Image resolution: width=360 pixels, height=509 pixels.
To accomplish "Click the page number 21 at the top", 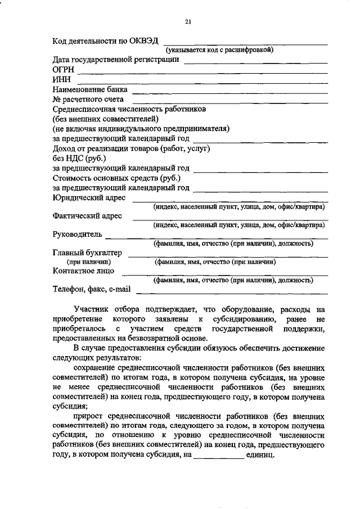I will (x=188, y=22).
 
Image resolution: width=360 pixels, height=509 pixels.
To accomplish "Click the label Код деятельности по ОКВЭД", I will (x=105, y=41).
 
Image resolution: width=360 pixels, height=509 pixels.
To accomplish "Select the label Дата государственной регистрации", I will (x=116, y=59).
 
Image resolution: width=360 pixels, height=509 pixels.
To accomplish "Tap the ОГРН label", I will (x=63, y=69).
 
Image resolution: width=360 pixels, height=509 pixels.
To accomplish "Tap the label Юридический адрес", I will (x=89, y=197).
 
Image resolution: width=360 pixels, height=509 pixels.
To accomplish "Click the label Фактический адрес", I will (x=89, y=215).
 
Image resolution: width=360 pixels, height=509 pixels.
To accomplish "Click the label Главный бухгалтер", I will (x=87, y=253).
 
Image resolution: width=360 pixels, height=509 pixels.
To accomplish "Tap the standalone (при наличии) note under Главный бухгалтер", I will (x=89, y=262).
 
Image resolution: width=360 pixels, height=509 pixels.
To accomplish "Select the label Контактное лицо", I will (x=83, y=271).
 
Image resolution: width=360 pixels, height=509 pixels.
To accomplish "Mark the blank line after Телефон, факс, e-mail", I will (x=231, y=292).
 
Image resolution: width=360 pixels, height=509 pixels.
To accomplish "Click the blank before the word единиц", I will (x=219, y=457).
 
